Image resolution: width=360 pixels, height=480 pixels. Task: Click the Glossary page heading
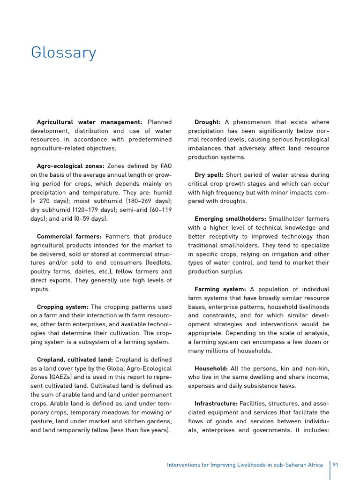[63, 52]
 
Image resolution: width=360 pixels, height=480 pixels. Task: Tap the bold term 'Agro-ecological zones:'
[70, 166]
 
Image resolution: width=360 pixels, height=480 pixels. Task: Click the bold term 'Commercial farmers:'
[69, 237]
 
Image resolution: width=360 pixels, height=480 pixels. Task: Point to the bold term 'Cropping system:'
[62, 307]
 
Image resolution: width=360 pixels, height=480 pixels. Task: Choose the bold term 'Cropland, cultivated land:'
[75, 360]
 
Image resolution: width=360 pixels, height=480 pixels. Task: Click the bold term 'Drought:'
[208, 122]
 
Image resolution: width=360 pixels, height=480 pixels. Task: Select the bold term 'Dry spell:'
[209, 175]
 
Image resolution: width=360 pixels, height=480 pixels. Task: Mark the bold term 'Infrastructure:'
[216, 404]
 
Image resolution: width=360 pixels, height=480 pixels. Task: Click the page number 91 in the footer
[336, 465]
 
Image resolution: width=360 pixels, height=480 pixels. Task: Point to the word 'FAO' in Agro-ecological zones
[165, 166]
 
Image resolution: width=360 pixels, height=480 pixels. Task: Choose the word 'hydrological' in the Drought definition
[309, 140]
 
